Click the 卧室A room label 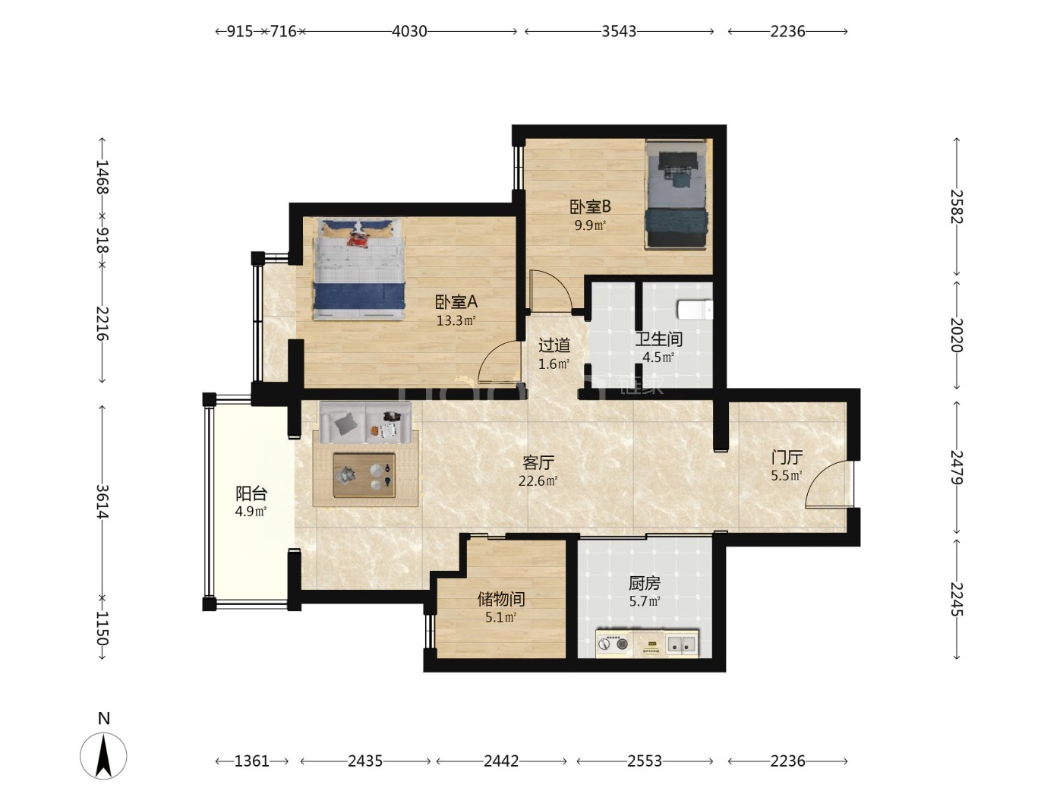click(456, 302)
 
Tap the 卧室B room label click(589, 207)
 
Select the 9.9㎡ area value click(590, 225)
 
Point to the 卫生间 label click(658, 339)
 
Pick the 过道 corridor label click(554, 345)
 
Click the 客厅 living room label click(538, 462)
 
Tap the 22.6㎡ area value click(538, 481)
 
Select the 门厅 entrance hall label click(787, 457)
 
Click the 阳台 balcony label click(251, 493)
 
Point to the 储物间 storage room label click(500, 599)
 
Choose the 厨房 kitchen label click(644, 584)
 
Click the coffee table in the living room click(364, 474)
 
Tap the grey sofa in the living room click(365, 423)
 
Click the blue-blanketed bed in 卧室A click(359, 269)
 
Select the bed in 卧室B click(676, 194)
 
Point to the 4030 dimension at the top click(409, 31)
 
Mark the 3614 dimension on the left click(103, 501)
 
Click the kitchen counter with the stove click(647, 644)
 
